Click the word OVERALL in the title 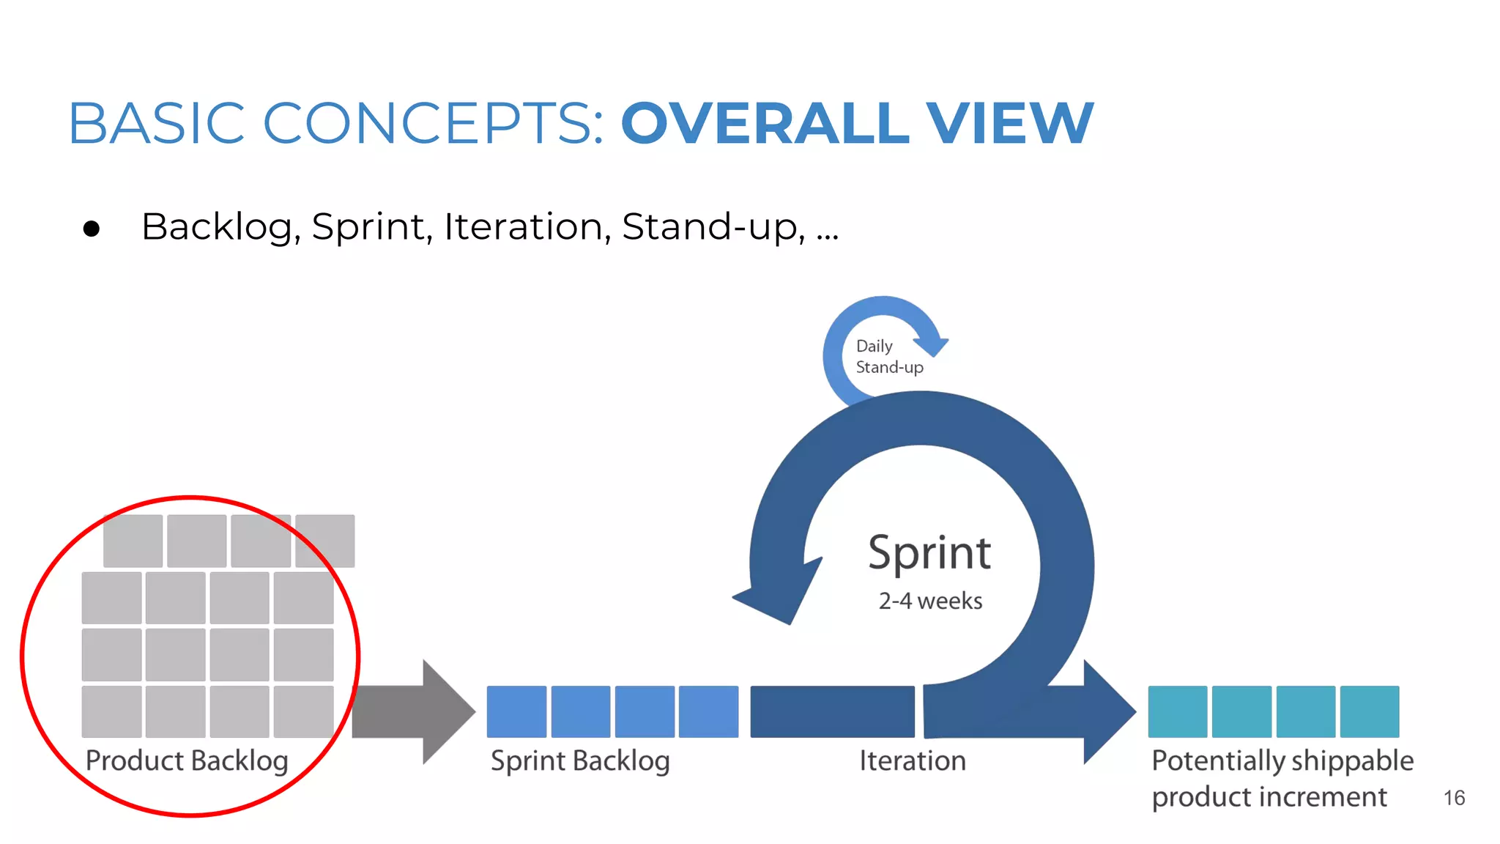(x=765, y=123)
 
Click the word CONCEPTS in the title (x=432, y=123)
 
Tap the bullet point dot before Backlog (x=92, y=229)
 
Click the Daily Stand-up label (x=888, y=357)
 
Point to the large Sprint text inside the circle (x=929, y=553)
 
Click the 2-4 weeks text (x=930, y=601)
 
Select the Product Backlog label (x=187, y=761)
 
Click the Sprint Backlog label (x=580, y=761)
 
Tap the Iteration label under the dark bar (x=912, y=761)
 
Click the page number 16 (x=1454, y=798)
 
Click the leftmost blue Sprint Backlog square (x=516, y=711)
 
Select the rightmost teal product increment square (x=1369, y=711)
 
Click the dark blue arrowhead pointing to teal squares (x=1106, y=711)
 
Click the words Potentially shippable (x=1282, y=761)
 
